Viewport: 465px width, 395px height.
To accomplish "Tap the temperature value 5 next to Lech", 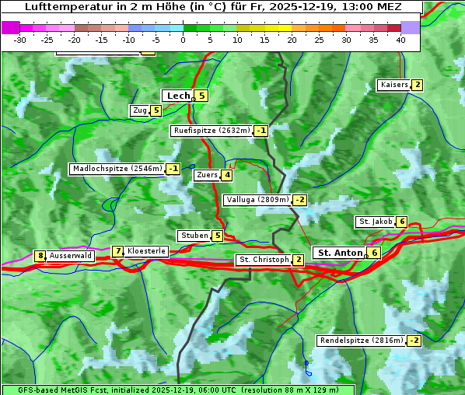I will pos(201,96).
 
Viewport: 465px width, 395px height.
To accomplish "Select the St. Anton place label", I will pos(340,253).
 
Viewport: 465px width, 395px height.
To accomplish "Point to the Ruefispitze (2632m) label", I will pos(212,131).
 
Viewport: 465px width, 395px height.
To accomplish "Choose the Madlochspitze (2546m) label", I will pos(117,169).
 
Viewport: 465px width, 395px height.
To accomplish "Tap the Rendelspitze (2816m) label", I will pos(362,341).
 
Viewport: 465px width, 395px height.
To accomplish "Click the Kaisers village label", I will pos(393,85).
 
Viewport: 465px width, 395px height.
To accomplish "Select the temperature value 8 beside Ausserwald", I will pos(40,256).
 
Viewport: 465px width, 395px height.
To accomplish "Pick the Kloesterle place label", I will pos(146,251).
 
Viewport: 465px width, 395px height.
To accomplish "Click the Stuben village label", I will pos(194,236).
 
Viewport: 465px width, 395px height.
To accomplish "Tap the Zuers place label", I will pos(207,175).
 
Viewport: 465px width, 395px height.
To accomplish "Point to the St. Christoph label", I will pos(264,259).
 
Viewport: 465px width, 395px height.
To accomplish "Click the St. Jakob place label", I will pos(375,222).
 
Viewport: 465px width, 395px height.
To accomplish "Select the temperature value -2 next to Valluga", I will pos(300,200).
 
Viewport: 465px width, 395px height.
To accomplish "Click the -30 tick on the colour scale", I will pos(20,40).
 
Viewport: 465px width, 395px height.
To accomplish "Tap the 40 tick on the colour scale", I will pos(400,40).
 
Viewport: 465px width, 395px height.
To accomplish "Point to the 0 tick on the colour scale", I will pos(184,40).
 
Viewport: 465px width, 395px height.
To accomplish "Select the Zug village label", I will pos(140,110).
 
